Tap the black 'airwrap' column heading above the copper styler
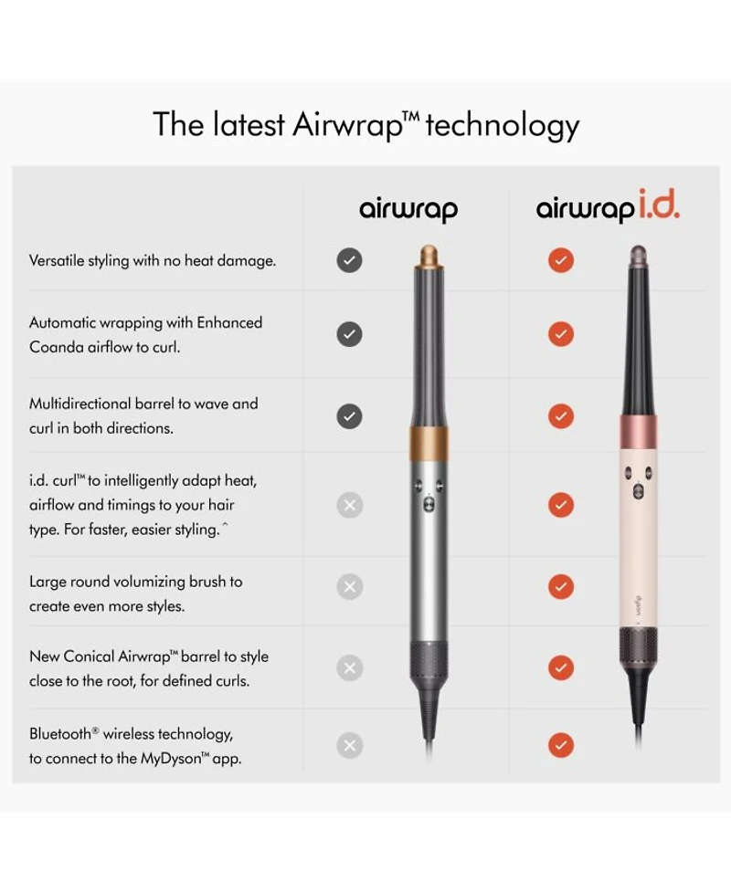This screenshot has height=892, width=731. tap(408, 209)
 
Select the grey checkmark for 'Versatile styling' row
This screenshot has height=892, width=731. tap(350, 260)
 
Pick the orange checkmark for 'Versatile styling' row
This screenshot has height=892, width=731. tap(561, 260)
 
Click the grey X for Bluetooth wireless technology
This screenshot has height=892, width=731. tap(350, 745)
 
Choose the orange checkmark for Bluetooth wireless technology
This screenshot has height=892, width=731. tap(561, 745)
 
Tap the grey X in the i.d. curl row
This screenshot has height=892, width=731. tap(350, 505)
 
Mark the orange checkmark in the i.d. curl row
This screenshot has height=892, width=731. tap(561, 505)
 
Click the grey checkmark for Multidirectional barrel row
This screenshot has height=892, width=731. tap(350, 416)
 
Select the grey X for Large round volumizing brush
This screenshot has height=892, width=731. tap(350, 586)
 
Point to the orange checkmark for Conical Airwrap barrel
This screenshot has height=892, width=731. tap(561, 668)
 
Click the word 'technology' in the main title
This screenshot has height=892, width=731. tap(503, 125)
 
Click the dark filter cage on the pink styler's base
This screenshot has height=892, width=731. tap(638, 645)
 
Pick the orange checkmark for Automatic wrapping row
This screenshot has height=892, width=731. tap(561, 334)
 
